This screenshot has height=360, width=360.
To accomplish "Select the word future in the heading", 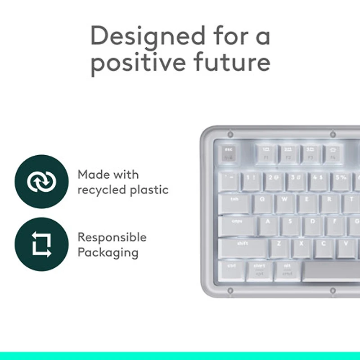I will pyautogui.click(x=232, y=63).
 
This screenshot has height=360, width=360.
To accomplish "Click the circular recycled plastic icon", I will pyautogui.click(x=41, y=181).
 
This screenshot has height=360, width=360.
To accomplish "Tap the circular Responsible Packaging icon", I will pyautogui.click(x=41, y=244).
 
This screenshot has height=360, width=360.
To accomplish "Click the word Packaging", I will pyautogui.click(x=108, y=252).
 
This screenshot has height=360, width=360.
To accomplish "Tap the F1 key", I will pyautogui.click(x=266, y=154).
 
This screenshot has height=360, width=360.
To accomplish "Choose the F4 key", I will pyautogui.click(x=333, y=154).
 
